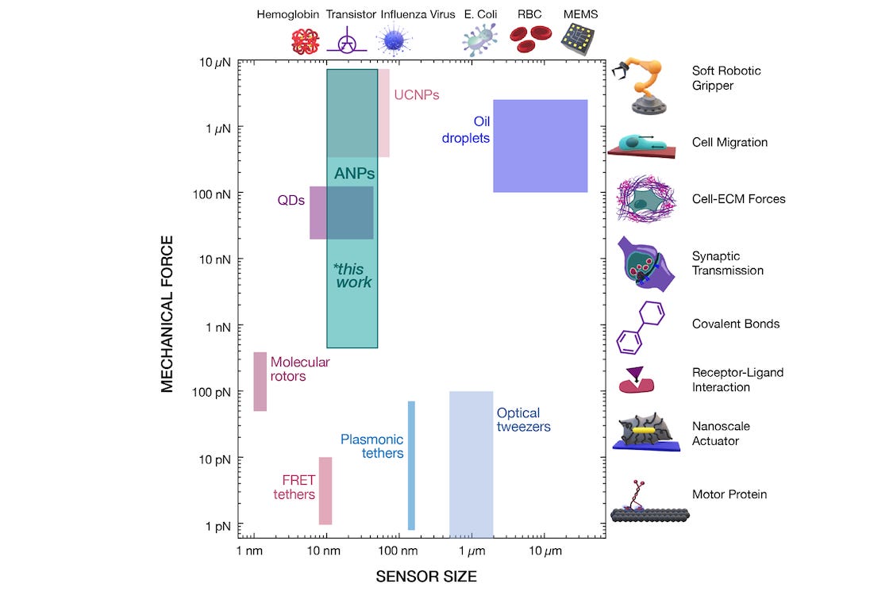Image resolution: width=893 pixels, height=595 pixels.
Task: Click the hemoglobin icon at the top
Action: tap(305, 40)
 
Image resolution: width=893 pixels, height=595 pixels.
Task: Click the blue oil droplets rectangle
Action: tap(540, 146)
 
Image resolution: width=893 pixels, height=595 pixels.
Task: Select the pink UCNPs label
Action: tap(416, 95)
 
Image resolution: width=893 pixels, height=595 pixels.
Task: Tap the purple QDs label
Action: tap(291, 201)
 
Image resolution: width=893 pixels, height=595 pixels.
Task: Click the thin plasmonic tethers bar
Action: tap(411, 465)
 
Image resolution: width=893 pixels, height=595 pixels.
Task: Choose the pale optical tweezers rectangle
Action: tap(471, 460)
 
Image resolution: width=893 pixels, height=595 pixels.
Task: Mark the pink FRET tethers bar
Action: tap(325, 490)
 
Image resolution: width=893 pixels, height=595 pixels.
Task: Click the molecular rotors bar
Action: tap(260, 382)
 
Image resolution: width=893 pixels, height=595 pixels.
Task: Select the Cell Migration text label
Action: tap(718, 143)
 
